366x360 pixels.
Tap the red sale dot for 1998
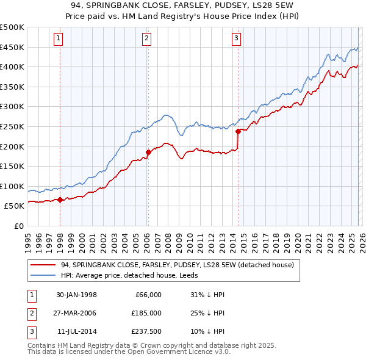click(60, 200)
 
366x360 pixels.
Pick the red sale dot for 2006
click(148, 152)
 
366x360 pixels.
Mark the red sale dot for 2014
click(238, 131)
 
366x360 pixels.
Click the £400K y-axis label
click(12, 67)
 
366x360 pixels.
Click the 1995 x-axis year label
click(28, 240)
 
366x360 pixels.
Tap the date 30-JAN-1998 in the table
click(77, 295)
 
